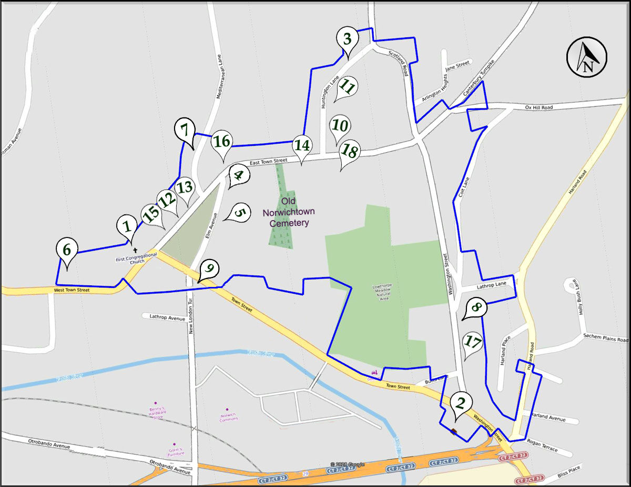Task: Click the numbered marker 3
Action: pyautogui.click(x=347, y=38)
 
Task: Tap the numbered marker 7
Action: pyautogui.click(x=184, y=130)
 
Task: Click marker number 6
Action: pyautogui.click(x=67, y=249)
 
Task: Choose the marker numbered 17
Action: pyautogui.click(x=472, y=342)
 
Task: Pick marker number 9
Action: pyautogui.click(x=209, y=269)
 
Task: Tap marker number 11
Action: pyautogui.click(x=347, y=86)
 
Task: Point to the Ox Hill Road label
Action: pyautogui.click(x=539, y=107)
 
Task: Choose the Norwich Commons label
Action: pyautogui.click(x=228, y=419)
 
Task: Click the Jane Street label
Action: pyautogui.click(x=457, y=66)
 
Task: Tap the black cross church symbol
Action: pyautogui.click(x=135, y=250)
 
